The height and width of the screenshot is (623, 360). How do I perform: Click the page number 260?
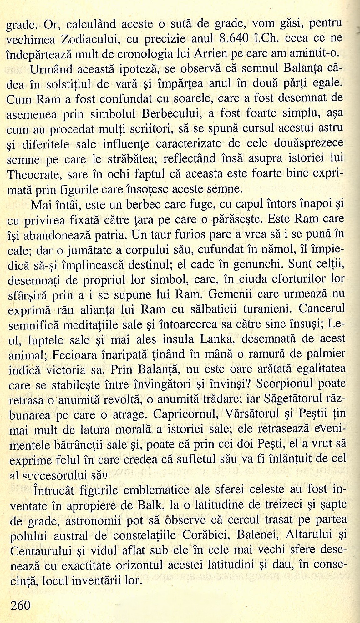21,605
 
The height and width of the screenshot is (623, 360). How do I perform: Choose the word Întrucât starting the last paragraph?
54,490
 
